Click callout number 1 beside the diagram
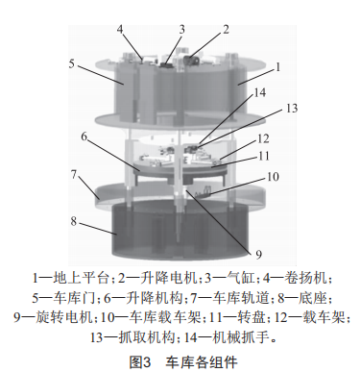tap(278, 68)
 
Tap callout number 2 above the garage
tap(227, 30)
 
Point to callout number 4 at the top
tap(121, 30)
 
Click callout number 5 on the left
tap(72, 63)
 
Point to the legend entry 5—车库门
tap(65, 297)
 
